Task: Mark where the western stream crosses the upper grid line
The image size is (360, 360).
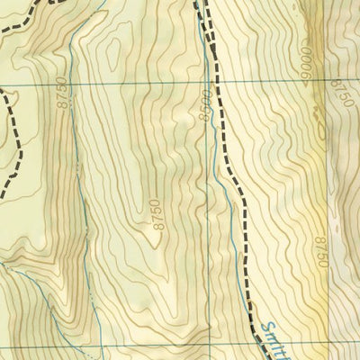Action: tap(67, 83)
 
